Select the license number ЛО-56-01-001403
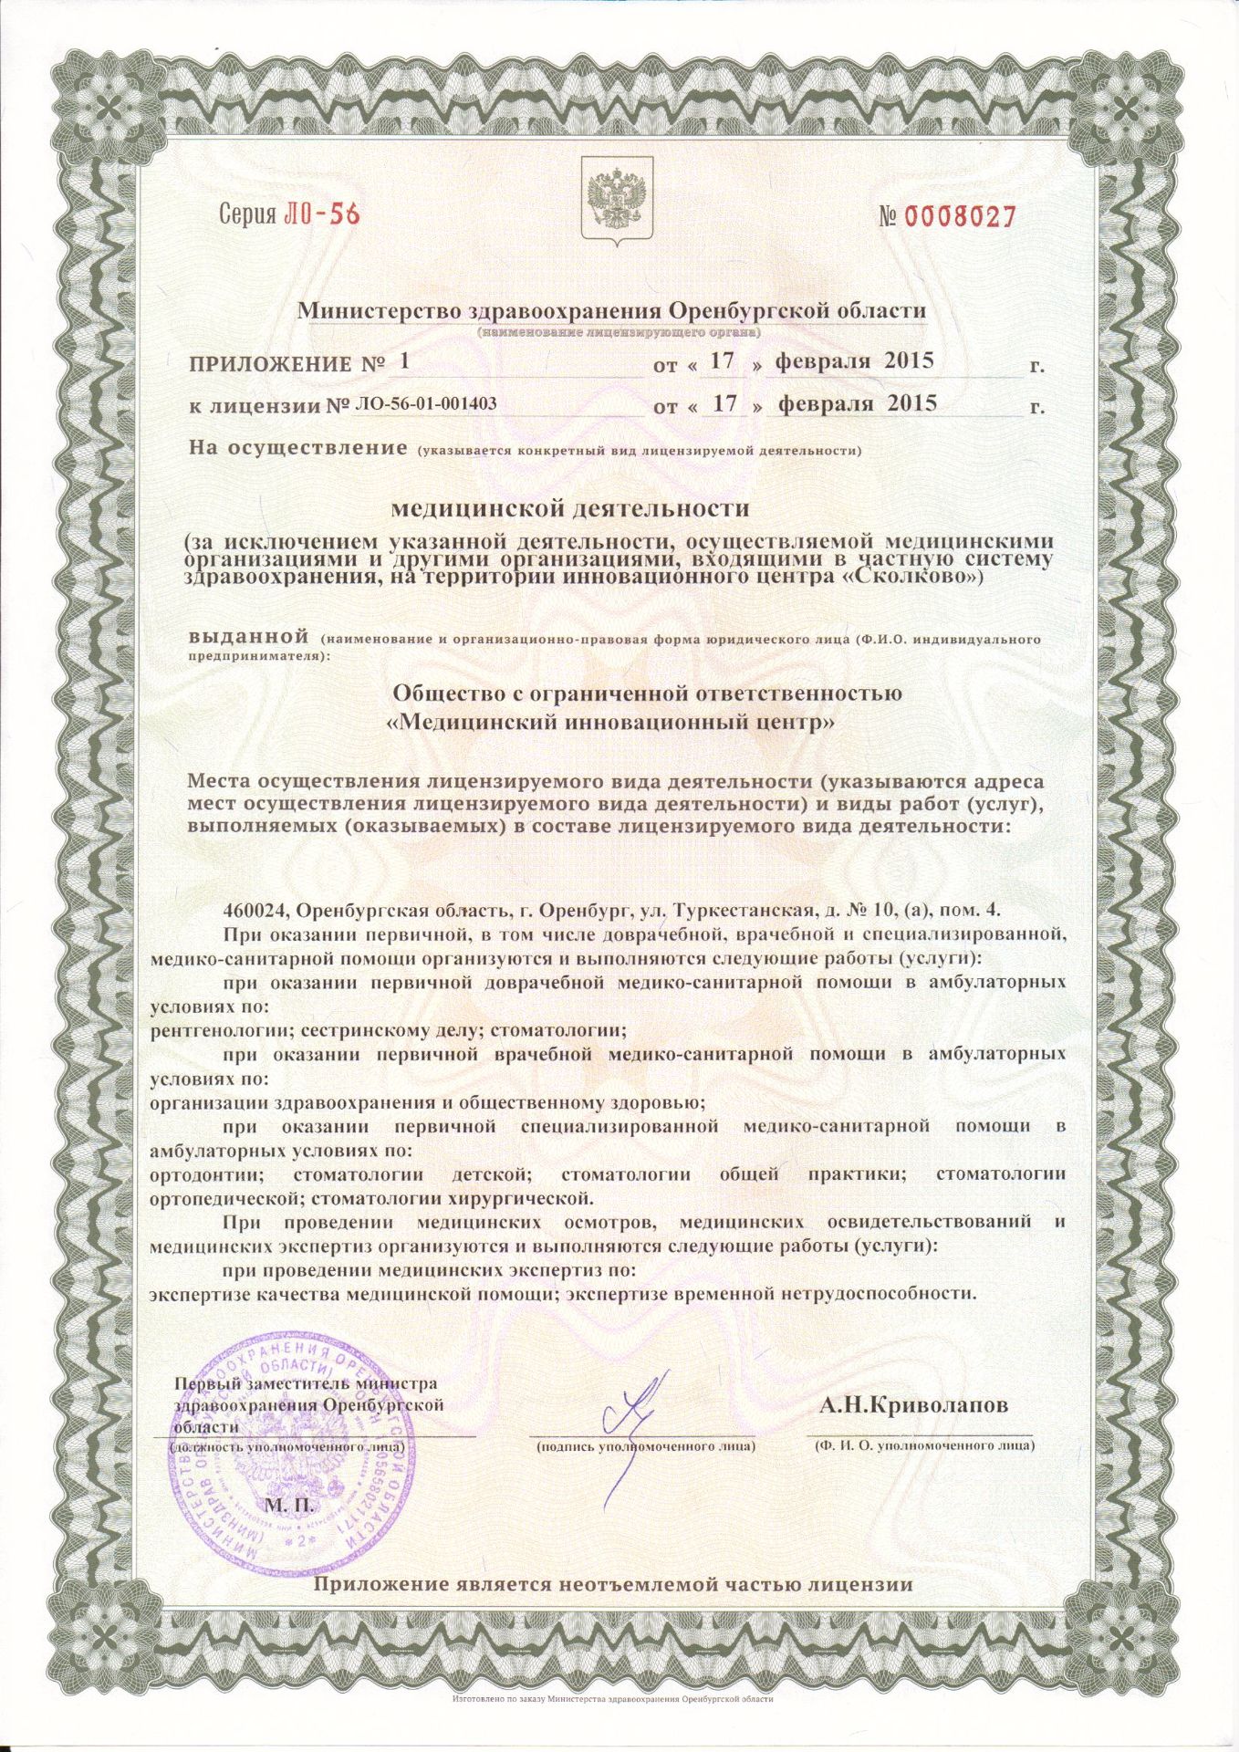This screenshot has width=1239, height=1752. click(x=425, y=402)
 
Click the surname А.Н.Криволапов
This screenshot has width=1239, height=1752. click(x=913, y=1405)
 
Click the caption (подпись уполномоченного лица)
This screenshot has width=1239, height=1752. click(x=644, y=1446)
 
